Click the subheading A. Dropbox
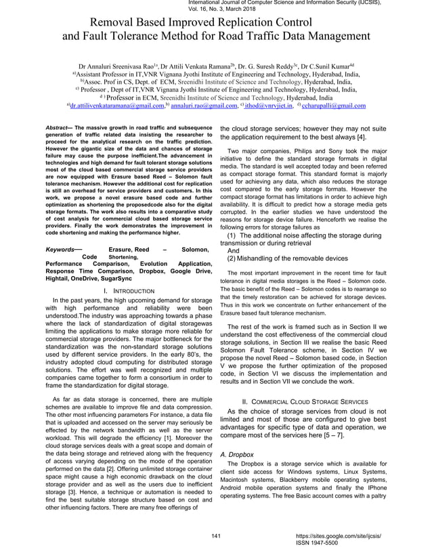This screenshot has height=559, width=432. coord(237,455)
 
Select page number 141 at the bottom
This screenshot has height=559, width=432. coord(216,537)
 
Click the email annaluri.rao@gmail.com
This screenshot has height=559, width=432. coord(199,106)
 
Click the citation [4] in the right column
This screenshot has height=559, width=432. coord(362,137)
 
